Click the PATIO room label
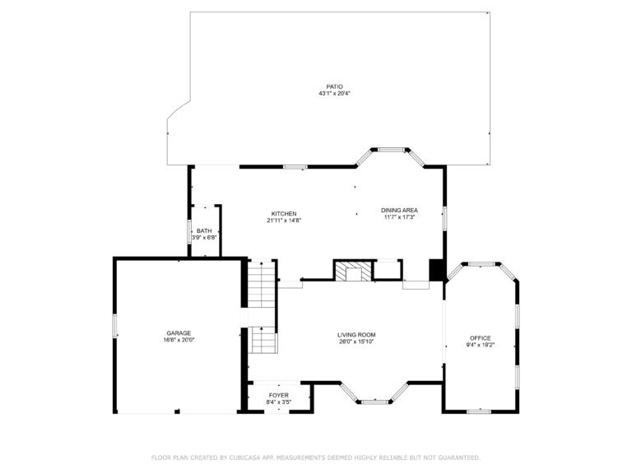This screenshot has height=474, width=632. point(335,86)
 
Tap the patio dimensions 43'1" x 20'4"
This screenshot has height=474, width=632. point(335,94)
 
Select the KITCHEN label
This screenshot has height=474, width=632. point(284,213)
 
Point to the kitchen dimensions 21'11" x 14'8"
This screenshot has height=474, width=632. point(284,221)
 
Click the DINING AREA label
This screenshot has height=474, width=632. point(399,210)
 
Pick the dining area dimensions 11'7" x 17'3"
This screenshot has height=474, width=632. point(399,217)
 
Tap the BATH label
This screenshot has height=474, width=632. point(203,231)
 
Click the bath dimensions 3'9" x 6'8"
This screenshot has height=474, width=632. point(203,238)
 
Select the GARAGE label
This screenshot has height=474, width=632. point(179,333)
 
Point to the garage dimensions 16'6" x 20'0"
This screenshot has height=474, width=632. point(179,340)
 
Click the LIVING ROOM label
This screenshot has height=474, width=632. point(356,335)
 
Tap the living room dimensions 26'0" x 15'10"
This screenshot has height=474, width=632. point(356,342)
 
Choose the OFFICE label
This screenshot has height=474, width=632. point(480,338)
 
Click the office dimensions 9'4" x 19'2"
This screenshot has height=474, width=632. point(480,345)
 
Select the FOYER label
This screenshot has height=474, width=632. point(279,396)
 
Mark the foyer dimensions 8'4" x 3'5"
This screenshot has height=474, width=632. point(279,402)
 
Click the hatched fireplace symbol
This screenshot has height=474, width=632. point(351,272)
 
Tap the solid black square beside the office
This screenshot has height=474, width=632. point(436,271)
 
